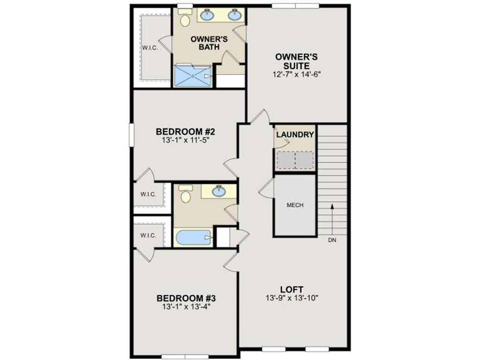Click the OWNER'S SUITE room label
(x=296, y=61)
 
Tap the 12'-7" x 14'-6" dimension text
(x=296, y=74)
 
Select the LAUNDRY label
(x=295, y=135)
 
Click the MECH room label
(x=295, y=205)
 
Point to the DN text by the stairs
(x=332, y=241)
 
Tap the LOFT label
(x=292, y=289)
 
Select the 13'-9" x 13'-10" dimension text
(x=292, y=299)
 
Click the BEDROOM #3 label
(x=186, y=298)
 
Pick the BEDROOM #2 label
(x=186, y=131)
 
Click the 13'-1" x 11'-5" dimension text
(x=186, y=140)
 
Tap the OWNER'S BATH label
(x=209, y=43)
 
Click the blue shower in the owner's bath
(x=192, y=75)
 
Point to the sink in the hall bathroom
(x=218, y=191)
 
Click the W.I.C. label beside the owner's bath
(x=150, y=48)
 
